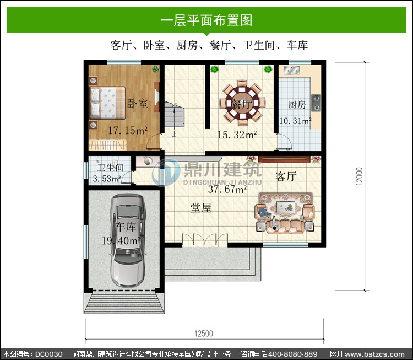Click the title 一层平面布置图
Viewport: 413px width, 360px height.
point(206,20)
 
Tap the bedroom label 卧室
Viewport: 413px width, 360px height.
point(137,104)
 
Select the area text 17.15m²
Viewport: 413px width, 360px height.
point(128,130)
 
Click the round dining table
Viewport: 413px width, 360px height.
point(242,103)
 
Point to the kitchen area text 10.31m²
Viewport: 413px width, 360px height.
point(295,121)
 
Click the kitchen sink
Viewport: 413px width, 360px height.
point(291,71)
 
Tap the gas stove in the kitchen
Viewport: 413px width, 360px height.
point(316,103)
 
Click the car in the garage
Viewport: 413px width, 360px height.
point(128,240)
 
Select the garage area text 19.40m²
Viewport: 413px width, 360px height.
point(122,240)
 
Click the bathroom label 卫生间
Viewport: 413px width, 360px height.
point(110,168)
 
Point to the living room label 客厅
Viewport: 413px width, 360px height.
point(286,176)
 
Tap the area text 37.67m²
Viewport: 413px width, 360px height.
point(227,189)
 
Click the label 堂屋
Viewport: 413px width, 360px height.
point(201,208)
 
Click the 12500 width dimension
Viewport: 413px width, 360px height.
point(204,334)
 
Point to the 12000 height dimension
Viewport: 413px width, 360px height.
point(359,176)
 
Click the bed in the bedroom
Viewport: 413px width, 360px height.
point(108,103)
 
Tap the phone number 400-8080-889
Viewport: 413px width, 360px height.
point(292,354)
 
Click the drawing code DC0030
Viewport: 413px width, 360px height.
point(48,354)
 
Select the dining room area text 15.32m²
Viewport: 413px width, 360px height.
point(237,135)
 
